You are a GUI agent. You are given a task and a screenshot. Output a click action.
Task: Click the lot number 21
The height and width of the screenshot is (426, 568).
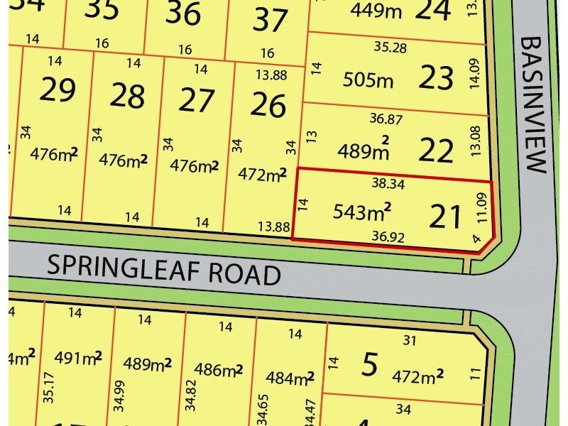[446, 215]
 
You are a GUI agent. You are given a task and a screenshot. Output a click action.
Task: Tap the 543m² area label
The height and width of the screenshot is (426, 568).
[363, 211]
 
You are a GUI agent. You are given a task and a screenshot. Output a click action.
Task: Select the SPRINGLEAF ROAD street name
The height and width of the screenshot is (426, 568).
[164, 271]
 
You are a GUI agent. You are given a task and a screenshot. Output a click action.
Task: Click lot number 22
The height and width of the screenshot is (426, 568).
[436, 150]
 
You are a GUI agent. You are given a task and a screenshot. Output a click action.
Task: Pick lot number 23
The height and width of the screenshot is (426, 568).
[436, 78]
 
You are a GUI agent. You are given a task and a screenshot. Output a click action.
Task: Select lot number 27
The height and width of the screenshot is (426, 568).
[197, 101]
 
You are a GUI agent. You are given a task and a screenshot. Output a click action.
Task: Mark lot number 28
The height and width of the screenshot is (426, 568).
[128, 97]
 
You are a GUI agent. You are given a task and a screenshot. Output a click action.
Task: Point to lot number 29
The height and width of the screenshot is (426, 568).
[58, 91]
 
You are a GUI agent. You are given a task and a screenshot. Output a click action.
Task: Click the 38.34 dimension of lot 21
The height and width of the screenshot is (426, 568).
[388, 182]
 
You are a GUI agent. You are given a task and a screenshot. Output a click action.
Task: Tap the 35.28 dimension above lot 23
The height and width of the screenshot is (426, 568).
[390, 48]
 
